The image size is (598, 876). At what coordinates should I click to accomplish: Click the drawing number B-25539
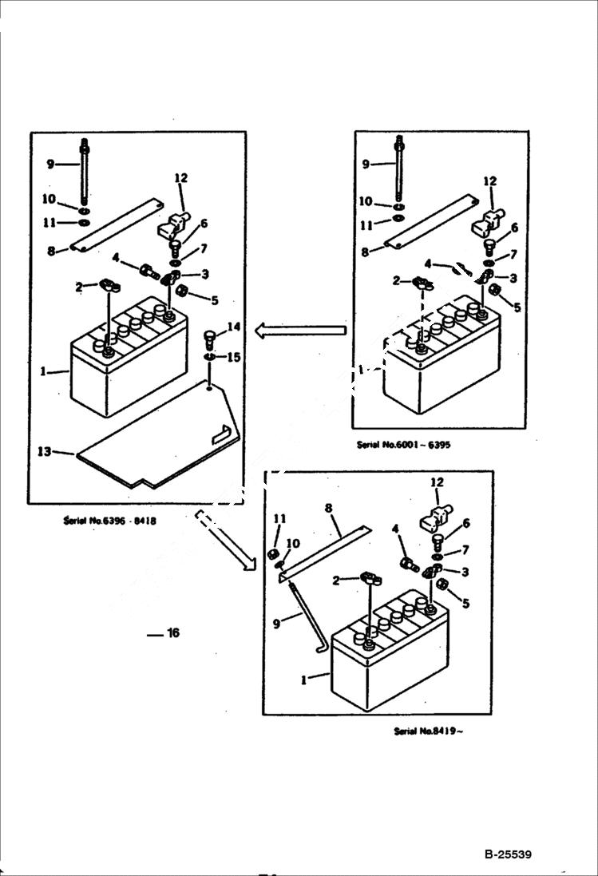pos(507,855)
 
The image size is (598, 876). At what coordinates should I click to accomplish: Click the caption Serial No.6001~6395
pos(403,445)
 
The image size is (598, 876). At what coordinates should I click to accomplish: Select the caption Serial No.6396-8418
pos(109,521)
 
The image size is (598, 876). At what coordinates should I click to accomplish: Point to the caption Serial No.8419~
pos(428,731)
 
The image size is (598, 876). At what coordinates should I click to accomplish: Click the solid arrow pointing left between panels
pos(299,330)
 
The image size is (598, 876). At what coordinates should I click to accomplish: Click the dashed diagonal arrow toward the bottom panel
pos(224,541)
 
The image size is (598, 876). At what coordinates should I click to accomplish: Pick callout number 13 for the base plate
pos(44,452)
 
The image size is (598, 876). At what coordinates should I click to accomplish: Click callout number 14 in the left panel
pos(233,326)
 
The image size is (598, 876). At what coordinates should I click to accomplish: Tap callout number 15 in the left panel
pos(233,357)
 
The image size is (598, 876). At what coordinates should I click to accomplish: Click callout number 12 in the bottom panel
pos(437,482)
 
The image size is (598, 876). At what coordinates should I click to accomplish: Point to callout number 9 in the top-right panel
pos(366,164)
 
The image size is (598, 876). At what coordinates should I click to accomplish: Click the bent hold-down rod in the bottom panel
pos(308,618)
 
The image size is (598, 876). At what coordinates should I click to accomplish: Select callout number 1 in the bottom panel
pos(303,680)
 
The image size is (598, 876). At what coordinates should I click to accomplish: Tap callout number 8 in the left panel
pos(51,250)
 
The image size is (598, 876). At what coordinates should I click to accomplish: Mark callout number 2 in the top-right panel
pos(396,280)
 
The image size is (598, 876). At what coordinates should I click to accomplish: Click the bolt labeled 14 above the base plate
pos(210,335)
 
